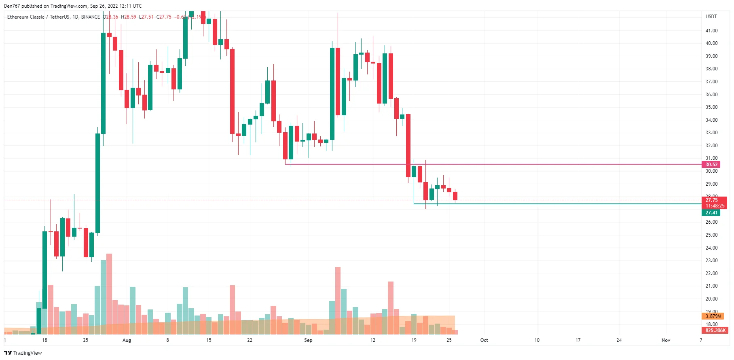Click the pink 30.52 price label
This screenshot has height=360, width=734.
711,165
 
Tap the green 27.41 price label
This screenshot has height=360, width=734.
711,213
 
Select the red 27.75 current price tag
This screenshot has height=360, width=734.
711,200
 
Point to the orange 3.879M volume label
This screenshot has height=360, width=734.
713,316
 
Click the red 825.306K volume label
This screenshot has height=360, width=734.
715,330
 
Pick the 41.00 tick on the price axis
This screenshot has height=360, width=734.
711,31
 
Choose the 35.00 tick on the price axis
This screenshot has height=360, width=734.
711,107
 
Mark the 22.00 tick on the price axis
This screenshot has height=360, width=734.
711,273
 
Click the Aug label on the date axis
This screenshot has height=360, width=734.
127,340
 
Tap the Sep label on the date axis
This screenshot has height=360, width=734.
308,340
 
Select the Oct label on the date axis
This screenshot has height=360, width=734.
484,340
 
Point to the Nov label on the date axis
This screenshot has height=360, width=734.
666,340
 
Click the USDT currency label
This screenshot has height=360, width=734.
711,17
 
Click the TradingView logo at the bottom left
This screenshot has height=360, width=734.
23,353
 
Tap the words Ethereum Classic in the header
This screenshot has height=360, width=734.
26,17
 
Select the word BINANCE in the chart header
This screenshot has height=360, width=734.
91,17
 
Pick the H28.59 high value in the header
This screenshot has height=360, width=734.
129,17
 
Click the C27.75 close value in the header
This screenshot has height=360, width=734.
164,17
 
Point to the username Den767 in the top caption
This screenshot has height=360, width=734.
12,6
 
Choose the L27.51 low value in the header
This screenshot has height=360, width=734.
146,17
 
